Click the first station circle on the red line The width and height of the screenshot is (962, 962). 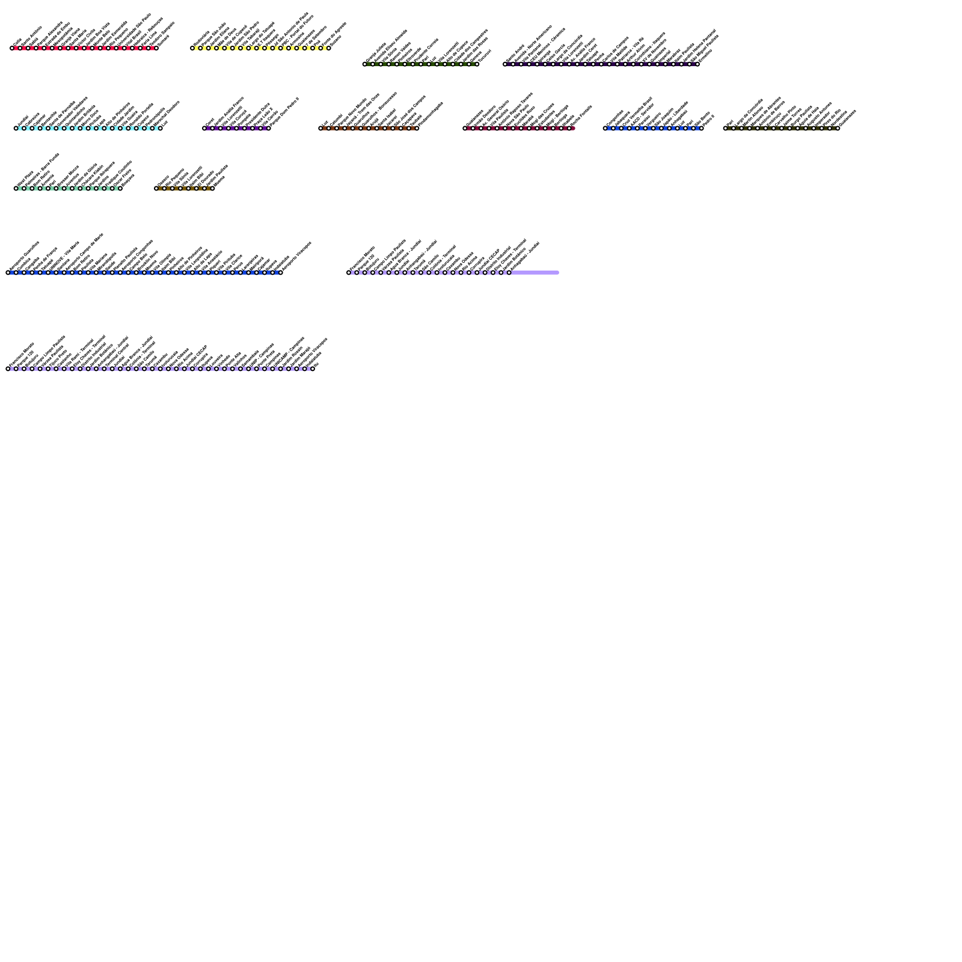point(12,48)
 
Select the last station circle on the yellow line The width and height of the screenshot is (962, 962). point(329,48)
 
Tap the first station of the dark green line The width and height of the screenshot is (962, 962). point(364,64)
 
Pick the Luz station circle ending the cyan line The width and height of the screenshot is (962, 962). point(161,128)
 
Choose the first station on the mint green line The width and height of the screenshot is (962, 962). point(16,188)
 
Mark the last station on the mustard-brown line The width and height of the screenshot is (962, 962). point(212,188)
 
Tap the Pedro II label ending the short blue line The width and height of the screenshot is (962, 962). point(708,119)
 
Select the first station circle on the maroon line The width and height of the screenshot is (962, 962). point(465,128)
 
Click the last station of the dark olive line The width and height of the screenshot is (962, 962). point(838,128)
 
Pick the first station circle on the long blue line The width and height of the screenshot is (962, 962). point(8,273)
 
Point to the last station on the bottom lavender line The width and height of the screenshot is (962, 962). point(313,369)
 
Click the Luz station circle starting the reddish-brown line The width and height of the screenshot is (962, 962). point(320,128)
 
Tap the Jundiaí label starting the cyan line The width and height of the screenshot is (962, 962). point(23,120)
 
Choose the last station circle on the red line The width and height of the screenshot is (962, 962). point(156,48)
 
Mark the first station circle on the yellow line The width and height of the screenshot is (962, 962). point(192,48)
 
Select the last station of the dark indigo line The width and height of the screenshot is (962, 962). point(697,64)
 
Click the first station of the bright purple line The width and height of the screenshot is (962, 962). point(204,128)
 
